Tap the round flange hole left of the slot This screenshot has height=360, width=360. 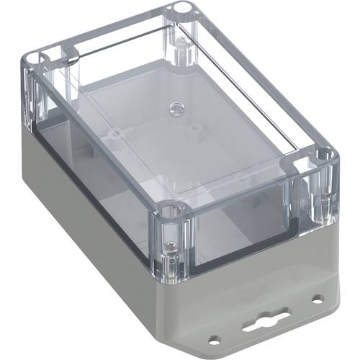point(213,336)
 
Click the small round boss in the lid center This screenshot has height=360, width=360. point(175,109)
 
